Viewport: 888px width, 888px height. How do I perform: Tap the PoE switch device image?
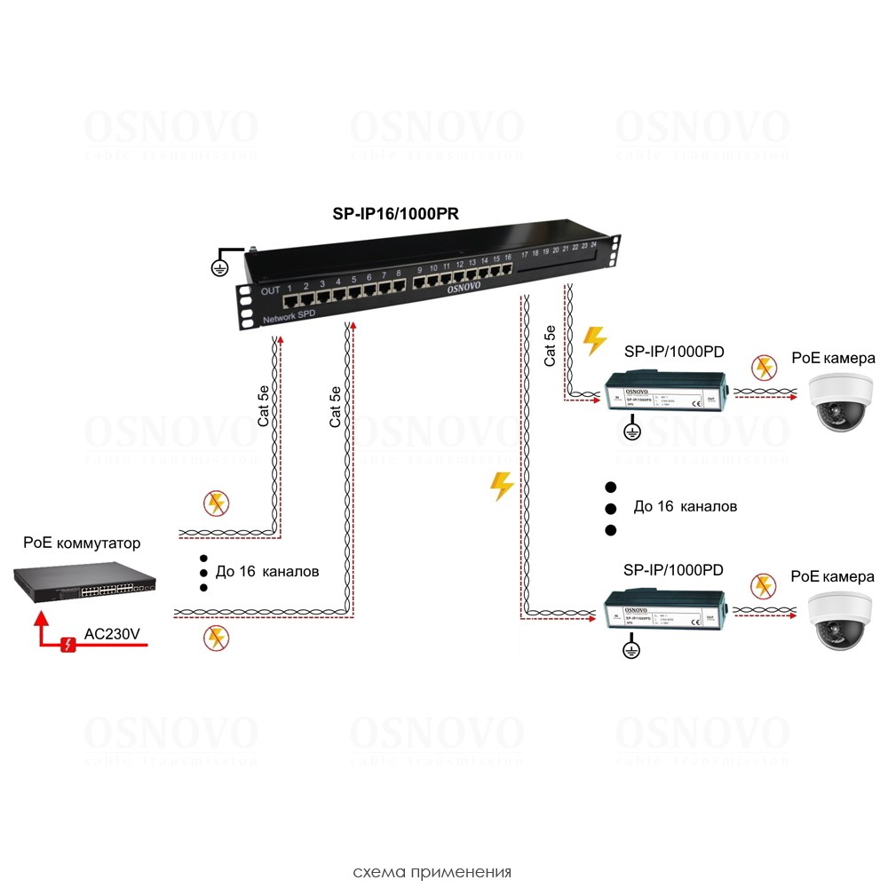pos(85,583)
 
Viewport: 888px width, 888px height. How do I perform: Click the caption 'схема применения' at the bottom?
pos(432,870)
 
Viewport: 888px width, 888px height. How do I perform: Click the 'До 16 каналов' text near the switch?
pos(266,571)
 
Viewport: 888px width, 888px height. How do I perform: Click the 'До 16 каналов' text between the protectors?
pos(685,506)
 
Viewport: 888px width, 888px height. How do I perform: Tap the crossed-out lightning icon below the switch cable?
pos(214,637)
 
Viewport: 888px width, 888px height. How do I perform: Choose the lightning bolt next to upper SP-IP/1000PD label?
pos(595,340)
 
